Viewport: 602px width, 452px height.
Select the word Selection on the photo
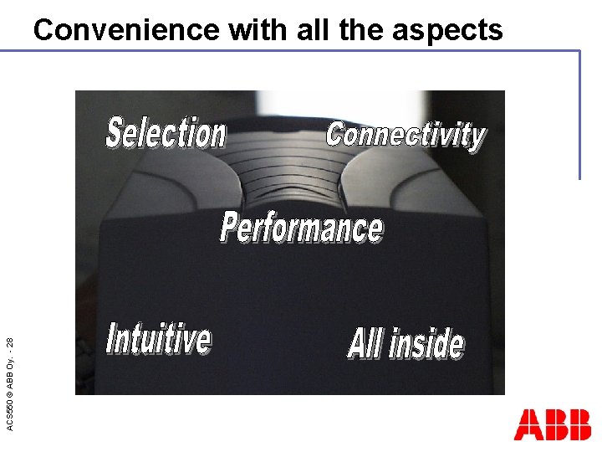(x=166, y=134)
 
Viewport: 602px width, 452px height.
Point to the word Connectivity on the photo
(x=406, y=134)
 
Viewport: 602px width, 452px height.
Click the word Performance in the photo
(x=302, y=228)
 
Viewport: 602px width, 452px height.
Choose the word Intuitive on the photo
(x=159, y=339)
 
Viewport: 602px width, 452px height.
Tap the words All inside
(x=406, y=343)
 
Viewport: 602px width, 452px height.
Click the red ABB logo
(x=553, y=425)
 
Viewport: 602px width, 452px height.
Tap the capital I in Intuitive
(x=111, y=339)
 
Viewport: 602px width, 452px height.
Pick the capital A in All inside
(x=357, y=343)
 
